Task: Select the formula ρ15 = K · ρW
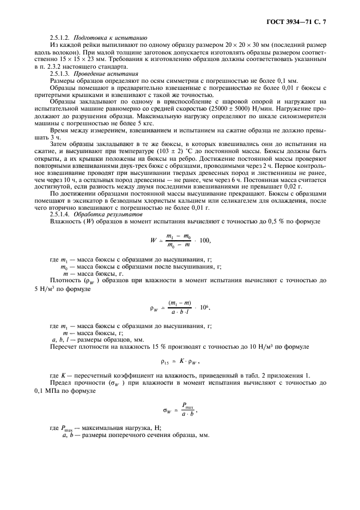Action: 180,362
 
